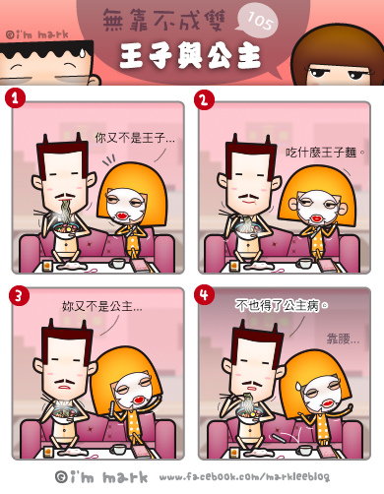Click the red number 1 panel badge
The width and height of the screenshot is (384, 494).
15,98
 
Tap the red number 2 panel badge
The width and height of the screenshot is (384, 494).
204,99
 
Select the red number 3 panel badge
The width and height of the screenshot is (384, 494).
19,295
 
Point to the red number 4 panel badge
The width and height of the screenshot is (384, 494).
204,294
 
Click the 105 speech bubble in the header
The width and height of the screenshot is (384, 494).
258,22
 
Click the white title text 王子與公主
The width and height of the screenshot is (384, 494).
190,56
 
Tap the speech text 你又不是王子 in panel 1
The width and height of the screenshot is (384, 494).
135,138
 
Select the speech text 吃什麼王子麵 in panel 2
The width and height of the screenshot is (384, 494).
321,153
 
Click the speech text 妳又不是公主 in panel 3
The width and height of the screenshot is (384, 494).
102,306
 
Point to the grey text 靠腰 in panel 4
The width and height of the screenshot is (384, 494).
343,339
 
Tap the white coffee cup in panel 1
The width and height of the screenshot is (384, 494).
117,263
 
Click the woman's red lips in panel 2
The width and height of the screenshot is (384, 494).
317,217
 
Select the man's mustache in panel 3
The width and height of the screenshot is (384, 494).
65,382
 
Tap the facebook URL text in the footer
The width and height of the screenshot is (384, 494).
244,476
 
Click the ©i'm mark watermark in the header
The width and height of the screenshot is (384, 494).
37,34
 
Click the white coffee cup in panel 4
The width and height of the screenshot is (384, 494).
303,450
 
